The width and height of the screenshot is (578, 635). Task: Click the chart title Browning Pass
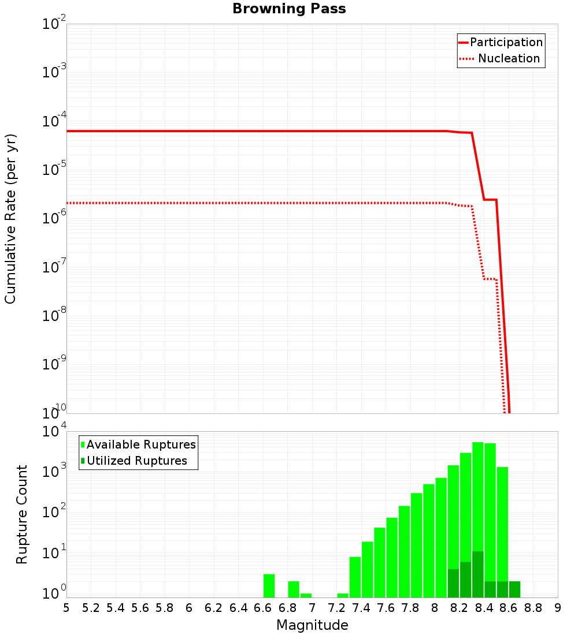(289, 9)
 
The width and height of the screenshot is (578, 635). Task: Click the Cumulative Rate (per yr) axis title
(10, 219)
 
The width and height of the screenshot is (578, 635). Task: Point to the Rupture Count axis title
(22, 514)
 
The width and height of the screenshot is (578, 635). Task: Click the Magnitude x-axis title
(312, 625)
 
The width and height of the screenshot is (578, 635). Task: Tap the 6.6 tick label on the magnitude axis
(263, 608)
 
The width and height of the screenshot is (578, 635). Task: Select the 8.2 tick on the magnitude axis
(460, 608)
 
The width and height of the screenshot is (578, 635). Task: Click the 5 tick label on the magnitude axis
(66, 608)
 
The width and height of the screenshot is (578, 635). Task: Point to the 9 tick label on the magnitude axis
(558, 608)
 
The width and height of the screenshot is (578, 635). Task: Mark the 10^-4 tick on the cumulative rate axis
(54, 122)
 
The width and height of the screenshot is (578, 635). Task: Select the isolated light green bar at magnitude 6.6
(269, 585)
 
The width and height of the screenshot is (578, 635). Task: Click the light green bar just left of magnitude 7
(306, 595)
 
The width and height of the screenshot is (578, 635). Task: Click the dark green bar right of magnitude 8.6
(514, 589)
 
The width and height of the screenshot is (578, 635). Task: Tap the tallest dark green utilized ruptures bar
(478, 574)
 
